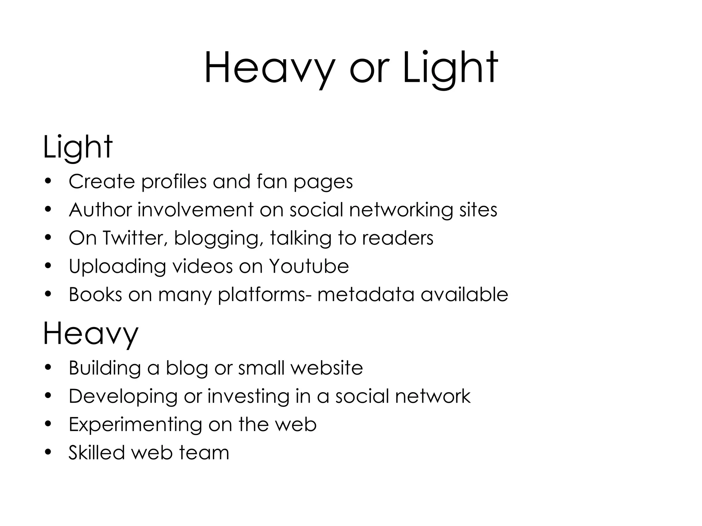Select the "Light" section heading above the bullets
78,147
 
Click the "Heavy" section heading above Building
90,334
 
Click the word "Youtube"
308,266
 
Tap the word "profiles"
174,182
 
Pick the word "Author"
100,210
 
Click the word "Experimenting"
136,425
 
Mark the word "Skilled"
97,453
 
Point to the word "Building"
105,368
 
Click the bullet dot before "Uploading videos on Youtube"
48,266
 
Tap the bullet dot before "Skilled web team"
48,453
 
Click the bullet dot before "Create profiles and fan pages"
48,181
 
